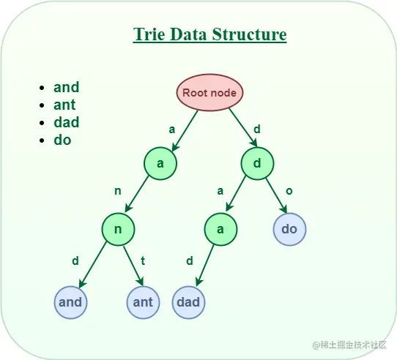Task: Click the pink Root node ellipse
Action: pos(209,93)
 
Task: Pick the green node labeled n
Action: pos(119,229)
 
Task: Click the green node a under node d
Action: pos(219,229)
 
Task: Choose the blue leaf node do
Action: pos(289,229)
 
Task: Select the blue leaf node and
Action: pos(70,301)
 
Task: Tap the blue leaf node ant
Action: pos(143,301)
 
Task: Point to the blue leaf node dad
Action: pos(189,301)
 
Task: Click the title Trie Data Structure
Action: pos(209,35)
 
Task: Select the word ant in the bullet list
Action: pos(64,105)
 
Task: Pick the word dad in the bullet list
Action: pos(66,122)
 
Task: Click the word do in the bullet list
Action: pos(62,140)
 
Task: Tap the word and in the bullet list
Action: pos(66,87)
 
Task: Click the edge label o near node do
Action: pos(289,191)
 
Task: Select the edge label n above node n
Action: pos(116,191)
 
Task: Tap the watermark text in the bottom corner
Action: pos(349,345)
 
